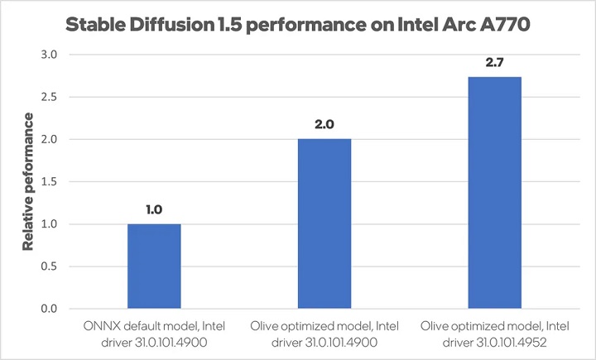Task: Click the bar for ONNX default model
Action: pos(153,266)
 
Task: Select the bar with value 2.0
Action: pos(324,223)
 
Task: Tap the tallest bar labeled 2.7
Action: pos(494,193)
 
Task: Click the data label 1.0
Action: pos(153,210)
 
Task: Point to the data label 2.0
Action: pos(324,125)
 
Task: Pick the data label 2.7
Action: pos(494,63)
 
